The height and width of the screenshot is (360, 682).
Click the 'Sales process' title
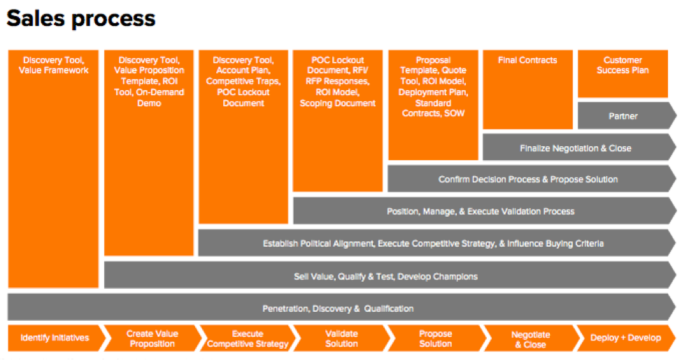[x=81, y=19]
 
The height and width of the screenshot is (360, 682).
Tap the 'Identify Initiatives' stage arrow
[x=57, y=338]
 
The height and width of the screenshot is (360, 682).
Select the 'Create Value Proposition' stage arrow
[x=152, y=338]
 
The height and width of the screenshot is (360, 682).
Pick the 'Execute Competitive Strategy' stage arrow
[x=248, y=338]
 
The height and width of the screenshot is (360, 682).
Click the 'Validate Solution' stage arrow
[x=342, y=338]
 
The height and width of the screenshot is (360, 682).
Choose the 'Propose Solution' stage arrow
[x=436, y=338]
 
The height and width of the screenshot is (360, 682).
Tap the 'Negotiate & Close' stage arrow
[x=531, y=338]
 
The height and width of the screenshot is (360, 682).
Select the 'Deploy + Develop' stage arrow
[x=626, y=338]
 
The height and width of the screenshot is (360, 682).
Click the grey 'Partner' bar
[x=627, y=115]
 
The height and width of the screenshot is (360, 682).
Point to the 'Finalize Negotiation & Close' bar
[x=579, y=147]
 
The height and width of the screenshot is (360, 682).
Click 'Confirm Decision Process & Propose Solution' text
[x=528, y=179]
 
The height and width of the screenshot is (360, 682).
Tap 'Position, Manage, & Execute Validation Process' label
[x=481, y=211]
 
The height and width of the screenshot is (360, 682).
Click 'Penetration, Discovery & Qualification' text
[x=338, y=308]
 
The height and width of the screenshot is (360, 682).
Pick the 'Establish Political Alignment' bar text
[x=319, y=243]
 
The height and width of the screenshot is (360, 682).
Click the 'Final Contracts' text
[x=527, y=60]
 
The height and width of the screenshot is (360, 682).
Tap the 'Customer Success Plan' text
[x=623, y=65]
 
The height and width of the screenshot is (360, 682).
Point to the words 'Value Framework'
[x=53, y=71]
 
